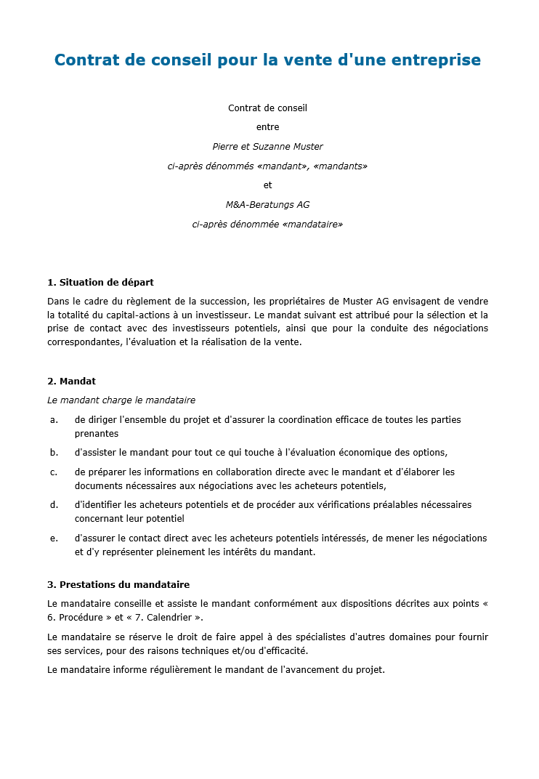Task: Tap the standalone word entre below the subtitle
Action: tap(267, 127)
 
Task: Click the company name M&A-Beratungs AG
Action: tap(267, 205)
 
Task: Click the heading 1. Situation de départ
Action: tap(100, 282)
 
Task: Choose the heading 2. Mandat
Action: tap(71, 381)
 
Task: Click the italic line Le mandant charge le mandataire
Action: tap(121, 400)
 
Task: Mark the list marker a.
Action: tap(54, 420)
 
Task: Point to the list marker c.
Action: tap(54, 472)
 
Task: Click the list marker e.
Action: tap(54, 538)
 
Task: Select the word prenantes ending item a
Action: tap(97, 434)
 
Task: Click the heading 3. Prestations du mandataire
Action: tap(118, 584)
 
